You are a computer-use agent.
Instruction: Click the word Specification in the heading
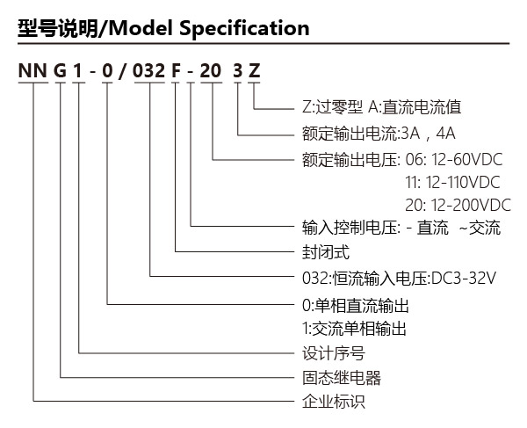click(x=244, y=29)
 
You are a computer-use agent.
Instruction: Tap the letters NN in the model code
click(x=32, y=71)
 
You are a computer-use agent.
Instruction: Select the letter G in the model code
click(x=60, y=71)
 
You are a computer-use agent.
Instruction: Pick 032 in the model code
click(x=149, y=71)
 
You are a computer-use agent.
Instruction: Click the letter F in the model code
click(x=176, y=71)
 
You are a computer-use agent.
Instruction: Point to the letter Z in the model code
click(x=255, y=71)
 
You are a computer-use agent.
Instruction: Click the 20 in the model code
click(x=211, y=71)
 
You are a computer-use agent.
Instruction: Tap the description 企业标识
click(x=334, y=402)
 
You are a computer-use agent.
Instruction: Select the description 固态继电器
click(x=342, y=378)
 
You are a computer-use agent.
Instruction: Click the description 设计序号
click(x=334, y=353)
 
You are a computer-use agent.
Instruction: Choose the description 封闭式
click(x=326, y=252)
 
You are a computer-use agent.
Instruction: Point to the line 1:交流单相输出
click(x=354, y=329)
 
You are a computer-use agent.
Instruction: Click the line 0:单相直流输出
click(x=356, y=306)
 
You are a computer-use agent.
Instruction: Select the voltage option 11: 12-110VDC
click(x=452, y=183)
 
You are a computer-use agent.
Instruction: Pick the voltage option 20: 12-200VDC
click(x=458, y=206)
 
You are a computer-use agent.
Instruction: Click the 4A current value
click(x=445, y=134)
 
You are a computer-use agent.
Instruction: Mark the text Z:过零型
click(x=332, y=107)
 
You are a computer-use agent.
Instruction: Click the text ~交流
click(x=480, y=228)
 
